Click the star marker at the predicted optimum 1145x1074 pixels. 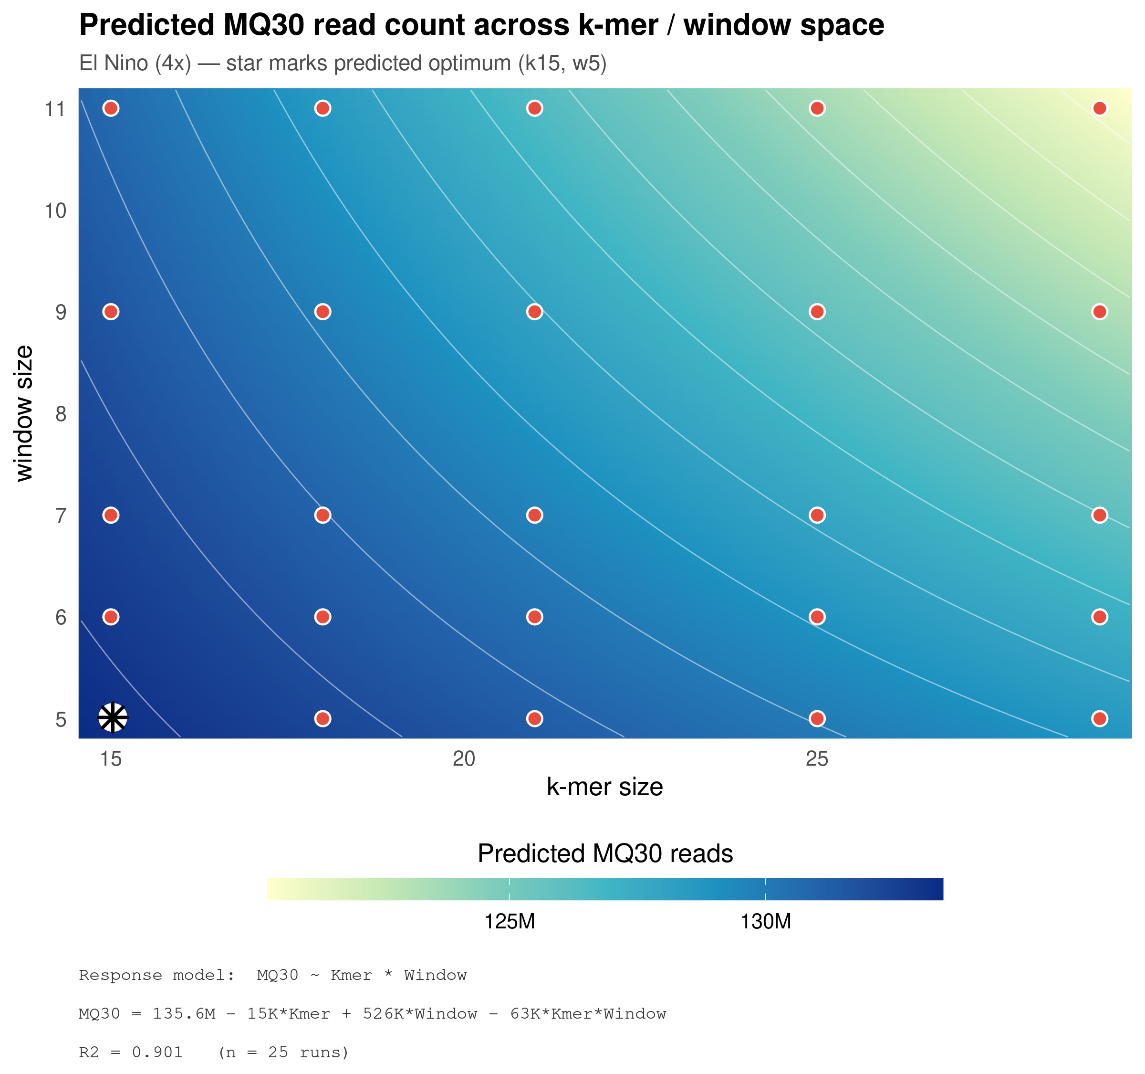click(112, 718)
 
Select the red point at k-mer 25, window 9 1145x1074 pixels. click(817, 312)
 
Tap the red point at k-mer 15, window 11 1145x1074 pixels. click(111, 108)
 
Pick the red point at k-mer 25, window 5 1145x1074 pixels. click(817, 718)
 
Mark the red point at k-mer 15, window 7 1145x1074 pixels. click(111, 515)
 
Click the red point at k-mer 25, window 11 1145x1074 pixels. click(817, 108)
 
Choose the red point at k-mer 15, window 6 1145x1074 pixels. click(111, 617)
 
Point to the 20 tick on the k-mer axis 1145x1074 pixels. click(464, 759)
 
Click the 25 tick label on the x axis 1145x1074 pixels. click(817, 759)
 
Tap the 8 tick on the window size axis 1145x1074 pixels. click(61, 414)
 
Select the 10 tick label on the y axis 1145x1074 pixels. click(56, 211)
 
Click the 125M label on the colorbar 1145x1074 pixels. click(509, 922)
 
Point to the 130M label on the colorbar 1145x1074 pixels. click(765, 922)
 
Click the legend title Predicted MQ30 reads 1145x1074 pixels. click(605, 853)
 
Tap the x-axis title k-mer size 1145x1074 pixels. click(605, 787)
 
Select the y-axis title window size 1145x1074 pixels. click(24, 413)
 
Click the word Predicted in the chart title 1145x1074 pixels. click(147, 25)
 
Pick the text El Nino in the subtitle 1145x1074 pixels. click(114, 63)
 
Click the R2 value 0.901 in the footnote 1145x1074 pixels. click(157, 1053)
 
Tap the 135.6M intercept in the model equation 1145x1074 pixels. click(184, 1014)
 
